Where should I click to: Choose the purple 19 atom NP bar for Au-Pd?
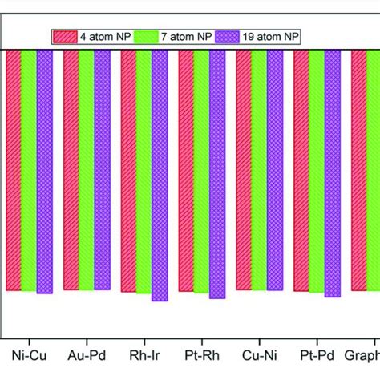coord(102,171)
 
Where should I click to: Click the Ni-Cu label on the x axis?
coord(28,354)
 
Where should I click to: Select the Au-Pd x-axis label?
coord(86,354)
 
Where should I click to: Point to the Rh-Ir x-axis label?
coord(144,354)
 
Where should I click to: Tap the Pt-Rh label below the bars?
coord(201,354)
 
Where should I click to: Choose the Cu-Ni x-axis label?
coord(259,354)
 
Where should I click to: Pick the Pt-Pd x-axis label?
coord(317,354)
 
